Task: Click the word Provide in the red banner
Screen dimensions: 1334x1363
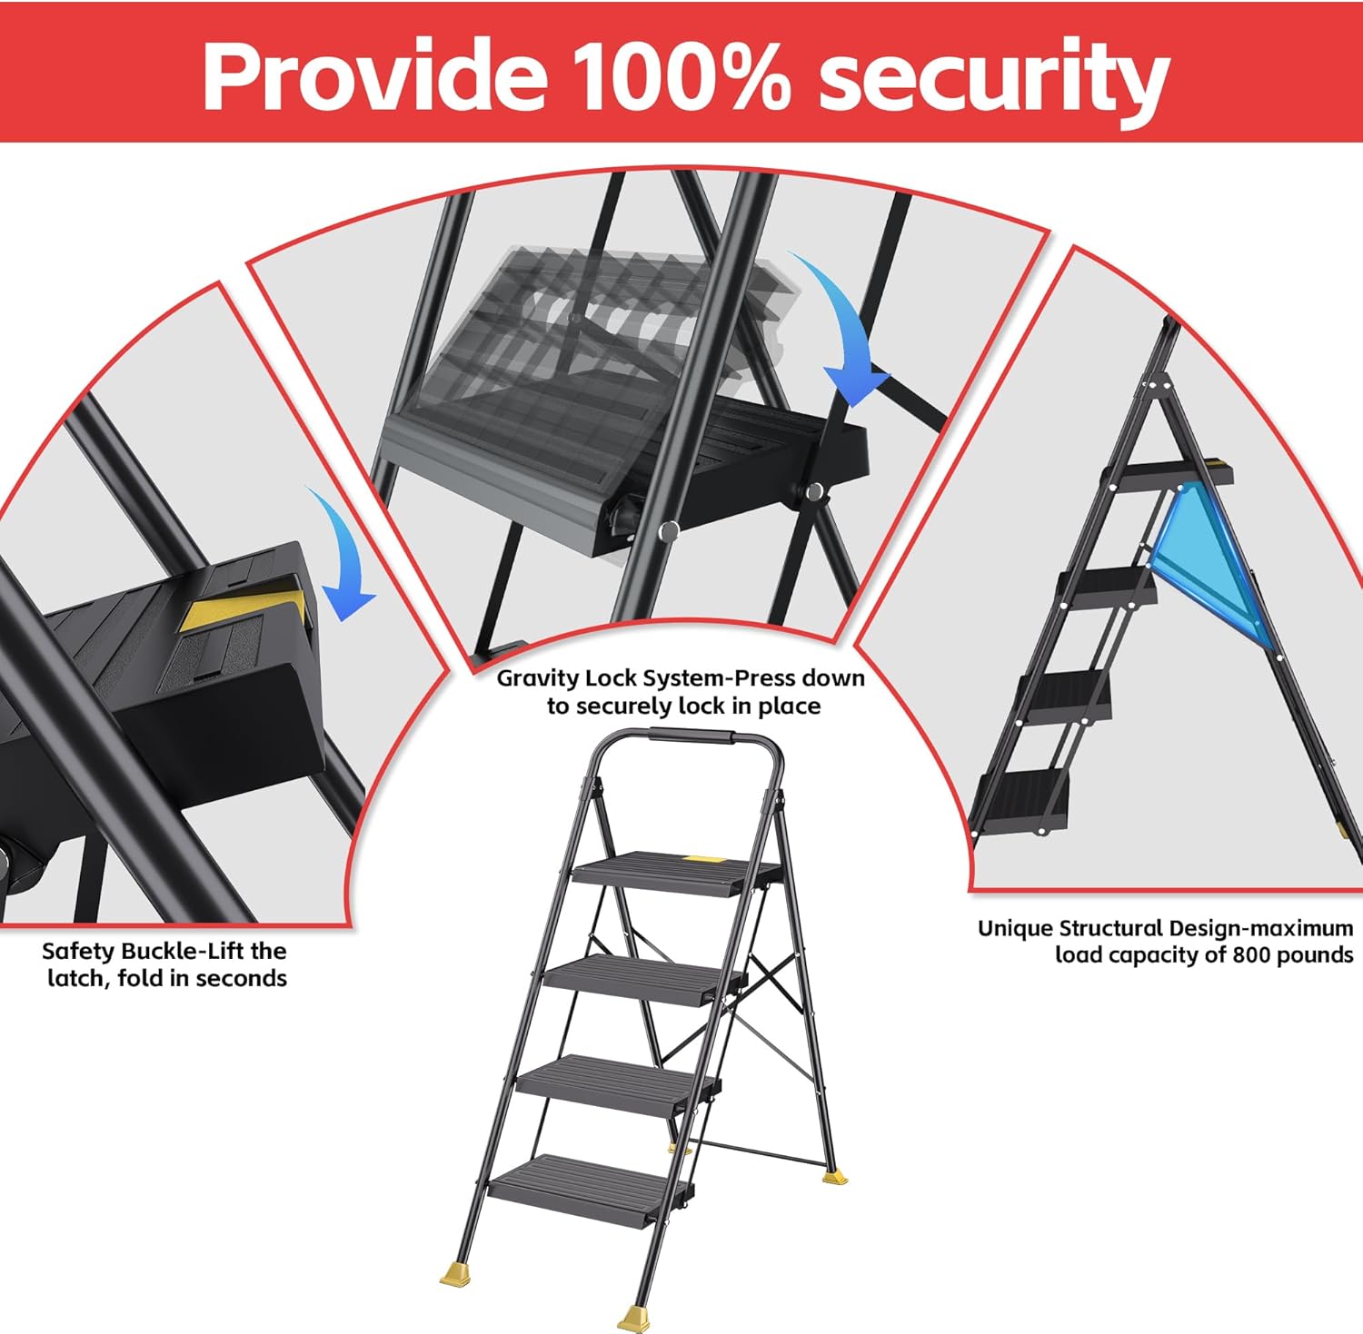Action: point(373,75)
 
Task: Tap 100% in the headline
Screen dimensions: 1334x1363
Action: point(682,75)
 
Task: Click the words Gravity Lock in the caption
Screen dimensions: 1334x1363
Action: point(568,678)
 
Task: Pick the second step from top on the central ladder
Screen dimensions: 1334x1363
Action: point(643,978)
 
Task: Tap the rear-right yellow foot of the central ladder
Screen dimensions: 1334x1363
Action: point(834,1177)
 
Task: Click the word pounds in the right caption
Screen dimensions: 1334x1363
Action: point(1315,954)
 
